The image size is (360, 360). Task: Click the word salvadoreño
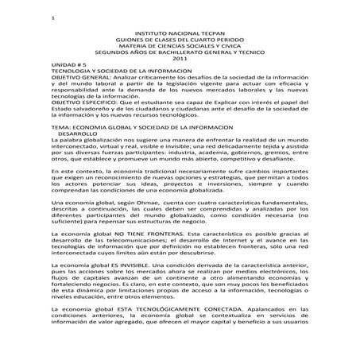click(x=88, y=112)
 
